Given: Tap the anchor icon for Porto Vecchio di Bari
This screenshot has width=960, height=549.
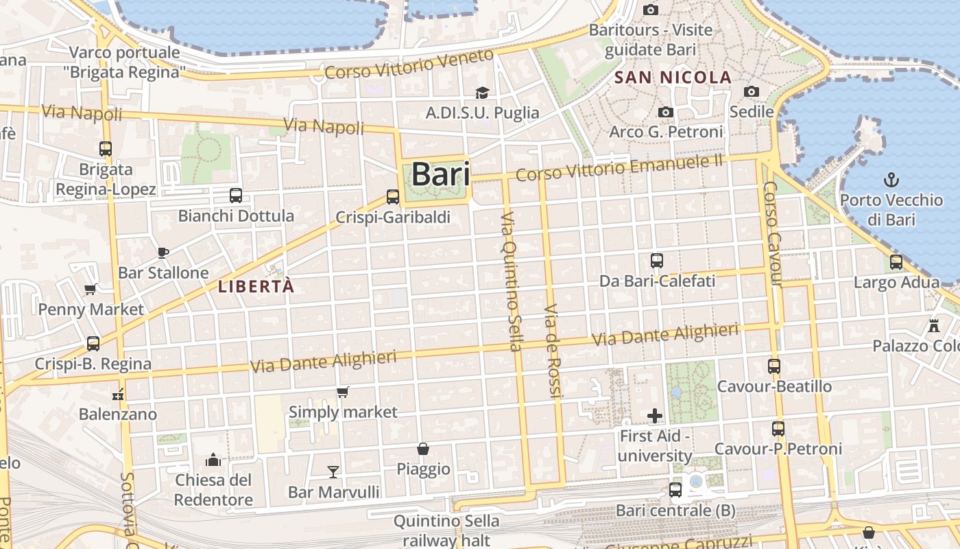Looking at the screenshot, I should point(891,180).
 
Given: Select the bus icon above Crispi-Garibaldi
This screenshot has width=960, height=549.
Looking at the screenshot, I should point(393,197).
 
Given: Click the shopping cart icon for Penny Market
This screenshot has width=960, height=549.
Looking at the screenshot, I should point(91,289).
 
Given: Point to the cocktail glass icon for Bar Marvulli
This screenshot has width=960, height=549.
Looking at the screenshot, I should point(333,471).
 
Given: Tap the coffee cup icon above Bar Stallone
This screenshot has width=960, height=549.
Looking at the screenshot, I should point(163,253).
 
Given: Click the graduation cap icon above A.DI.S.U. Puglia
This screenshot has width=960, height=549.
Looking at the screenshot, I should point(483,93).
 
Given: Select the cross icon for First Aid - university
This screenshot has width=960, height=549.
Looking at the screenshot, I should point(655,415).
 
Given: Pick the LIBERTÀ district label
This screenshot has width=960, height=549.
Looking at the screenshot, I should point(256,287).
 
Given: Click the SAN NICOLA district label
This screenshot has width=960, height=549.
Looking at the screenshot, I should point(673,78).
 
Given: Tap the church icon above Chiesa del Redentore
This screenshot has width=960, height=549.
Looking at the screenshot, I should point(214,459).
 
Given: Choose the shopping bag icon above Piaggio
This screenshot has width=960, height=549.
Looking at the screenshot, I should point(424,449).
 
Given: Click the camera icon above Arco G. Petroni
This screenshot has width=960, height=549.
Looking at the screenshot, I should point(665,112).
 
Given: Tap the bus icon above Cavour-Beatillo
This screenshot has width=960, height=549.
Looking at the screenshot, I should point(774,366).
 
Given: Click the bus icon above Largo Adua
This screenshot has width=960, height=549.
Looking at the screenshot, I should point(896,261).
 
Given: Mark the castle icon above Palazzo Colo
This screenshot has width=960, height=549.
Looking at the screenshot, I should point(933,325).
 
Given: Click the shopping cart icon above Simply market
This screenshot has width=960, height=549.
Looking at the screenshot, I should point(343,392).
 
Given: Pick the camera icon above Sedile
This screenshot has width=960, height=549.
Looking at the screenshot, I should point(752,91).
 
